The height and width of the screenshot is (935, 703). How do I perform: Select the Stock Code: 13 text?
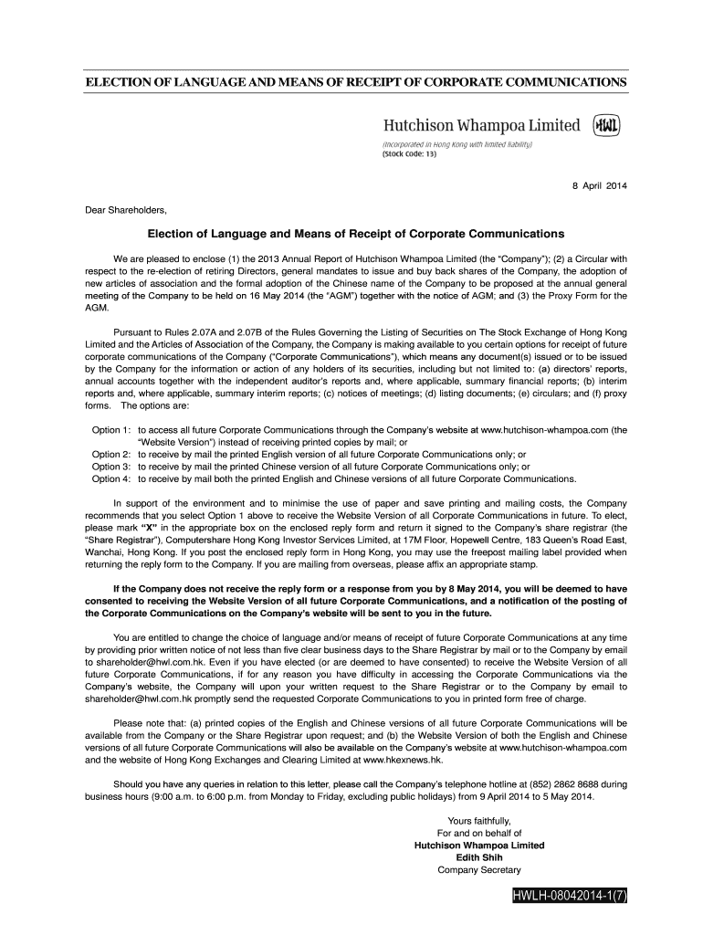click(410, 153)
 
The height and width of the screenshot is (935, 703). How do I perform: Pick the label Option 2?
click(112, 454)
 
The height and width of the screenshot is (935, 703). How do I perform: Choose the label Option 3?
click(112, 466)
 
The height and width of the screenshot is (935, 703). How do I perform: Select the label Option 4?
click(112, 478)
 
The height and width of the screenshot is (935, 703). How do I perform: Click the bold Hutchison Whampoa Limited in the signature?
click(479, 846)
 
